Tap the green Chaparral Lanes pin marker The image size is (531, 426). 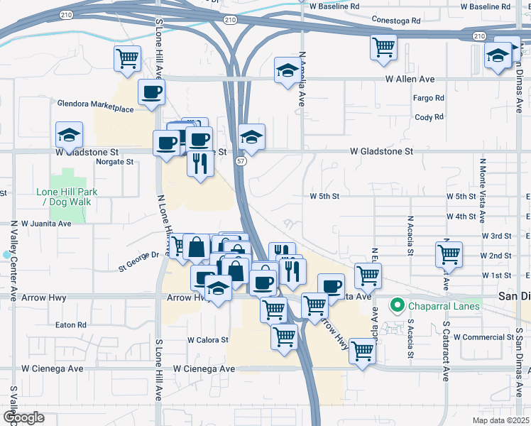397,307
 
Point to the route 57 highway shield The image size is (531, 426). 241,163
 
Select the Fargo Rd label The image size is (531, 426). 429,98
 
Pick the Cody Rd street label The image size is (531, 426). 429,117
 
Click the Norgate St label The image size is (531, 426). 115,162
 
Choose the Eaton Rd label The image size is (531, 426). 71,325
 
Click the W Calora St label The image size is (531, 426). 207,340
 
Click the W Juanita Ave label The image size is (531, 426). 46,223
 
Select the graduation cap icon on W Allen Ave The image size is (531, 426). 287,70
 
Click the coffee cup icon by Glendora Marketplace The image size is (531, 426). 151,92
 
